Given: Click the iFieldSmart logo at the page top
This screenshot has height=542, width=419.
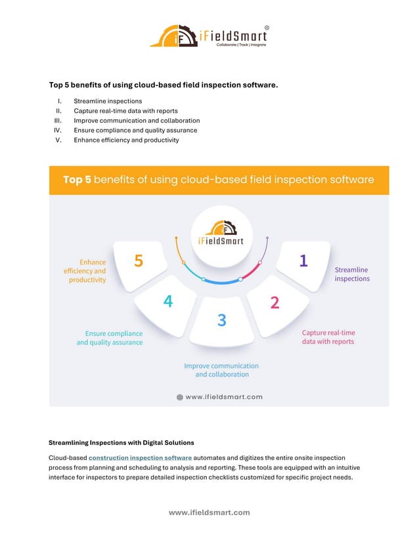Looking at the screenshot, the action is pyautogui.click(x=209, y=36).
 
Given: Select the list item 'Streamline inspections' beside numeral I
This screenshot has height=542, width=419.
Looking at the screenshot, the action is pyautogui.click(x=107, y=101).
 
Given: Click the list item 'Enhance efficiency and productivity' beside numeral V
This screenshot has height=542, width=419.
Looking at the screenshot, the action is pyautogui.click(x=126, y=140).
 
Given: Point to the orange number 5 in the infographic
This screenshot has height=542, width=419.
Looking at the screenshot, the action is pyautogui.click(x=139, y=261).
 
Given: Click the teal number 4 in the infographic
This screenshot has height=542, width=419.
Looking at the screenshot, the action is pyautogui.click(x=168, y=301).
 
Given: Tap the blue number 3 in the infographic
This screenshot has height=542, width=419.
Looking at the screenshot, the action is pyautogui.click(x=222, y=320).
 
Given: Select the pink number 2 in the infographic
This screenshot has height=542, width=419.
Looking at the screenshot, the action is pyautogui.click(x=275, y=302).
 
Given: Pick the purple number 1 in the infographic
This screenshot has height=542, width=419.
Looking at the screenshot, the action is pyautogui.click(x=303, y=261).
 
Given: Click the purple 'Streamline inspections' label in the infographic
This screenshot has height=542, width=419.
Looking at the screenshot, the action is pyautogui.click(x=352, y=274).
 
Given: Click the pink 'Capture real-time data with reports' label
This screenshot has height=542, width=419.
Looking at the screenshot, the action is pyautogui.click(x=328, y=337).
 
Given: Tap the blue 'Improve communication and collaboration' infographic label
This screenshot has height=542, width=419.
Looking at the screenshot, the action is pyautogui.click(x=221, y=370).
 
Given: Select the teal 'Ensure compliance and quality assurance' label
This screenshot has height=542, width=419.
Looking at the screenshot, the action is pyautogui.click(x=110, y=338).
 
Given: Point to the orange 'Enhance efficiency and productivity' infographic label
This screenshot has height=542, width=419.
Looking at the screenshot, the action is pyautogui.click(x=85, y=270).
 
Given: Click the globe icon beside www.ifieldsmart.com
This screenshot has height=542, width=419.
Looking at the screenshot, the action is pyautogui.click(x=179, y=397).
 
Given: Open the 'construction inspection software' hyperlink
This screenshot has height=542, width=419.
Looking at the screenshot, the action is pyautogui.click(x=140, y=457).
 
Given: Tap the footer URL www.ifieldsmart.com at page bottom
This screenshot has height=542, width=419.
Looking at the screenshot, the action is pyautogui.click(x=209, y=512).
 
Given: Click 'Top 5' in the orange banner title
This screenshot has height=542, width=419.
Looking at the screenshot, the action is pyautogui.click(x=77, y=180).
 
